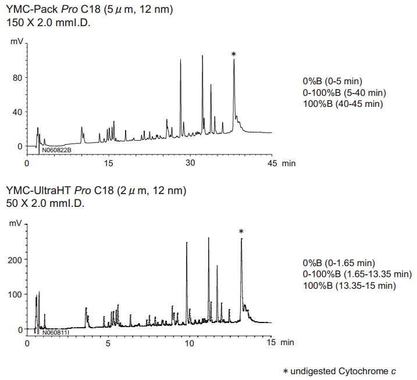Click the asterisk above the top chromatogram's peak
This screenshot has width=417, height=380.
tap(234, 54)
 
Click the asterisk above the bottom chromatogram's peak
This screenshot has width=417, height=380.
tap(241, 232)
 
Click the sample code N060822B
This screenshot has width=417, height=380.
tap(56, 150)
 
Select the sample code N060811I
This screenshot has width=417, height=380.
tap(55, 333)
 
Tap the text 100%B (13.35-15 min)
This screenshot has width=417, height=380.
tap(350, 285)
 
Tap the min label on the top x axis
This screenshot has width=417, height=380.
tap(288, 164)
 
